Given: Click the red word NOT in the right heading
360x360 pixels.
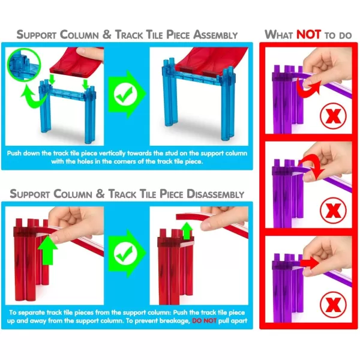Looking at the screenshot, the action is [x=308, y=34].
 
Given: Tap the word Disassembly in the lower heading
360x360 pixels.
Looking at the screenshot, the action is [x=215, y=194].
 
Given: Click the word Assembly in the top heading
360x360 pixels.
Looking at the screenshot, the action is [x=215, y=35].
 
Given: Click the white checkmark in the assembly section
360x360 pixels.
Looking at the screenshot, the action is [x=125, y=95].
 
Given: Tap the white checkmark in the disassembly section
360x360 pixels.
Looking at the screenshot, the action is [x=125, y=253].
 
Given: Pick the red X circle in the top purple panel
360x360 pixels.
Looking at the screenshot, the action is [x=333, y=115].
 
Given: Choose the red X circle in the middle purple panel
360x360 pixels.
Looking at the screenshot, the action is [x=333, y=210].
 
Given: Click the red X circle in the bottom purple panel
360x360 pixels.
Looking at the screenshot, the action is [x=333, y=304].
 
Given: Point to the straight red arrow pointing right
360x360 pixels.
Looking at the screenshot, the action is [x=310, y=263].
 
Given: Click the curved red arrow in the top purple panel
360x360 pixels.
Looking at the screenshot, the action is [x=307, y=91].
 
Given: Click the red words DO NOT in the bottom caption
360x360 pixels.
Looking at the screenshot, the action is [x=204, y=320].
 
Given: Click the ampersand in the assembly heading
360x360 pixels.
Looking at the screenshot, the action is [x=107, y=34].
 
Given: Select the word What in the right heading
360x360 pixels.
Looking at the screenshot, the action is [x=279, y=34].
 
